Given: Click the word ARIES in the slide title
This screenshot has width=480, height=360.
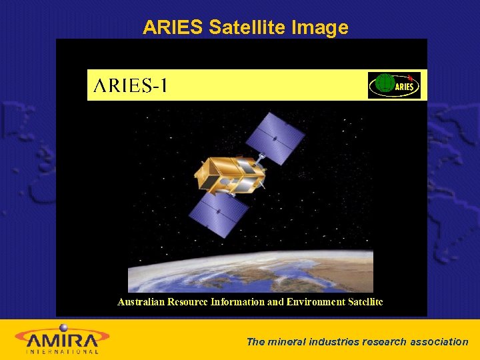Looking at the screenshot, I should click(x=173, y=27).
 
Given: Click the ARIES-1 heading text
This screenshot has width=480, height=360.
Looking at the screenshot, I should click(x=131, y=86).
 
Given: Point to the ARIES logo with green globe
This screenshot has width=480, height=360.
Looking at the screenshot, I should click(x=394, y=85).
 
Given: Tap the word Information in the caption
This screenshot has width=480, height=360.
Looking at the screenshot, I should click(x=237, y=302).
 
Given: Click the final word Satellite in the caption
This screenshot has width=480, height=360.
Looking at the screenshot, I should click(x=365, y=302).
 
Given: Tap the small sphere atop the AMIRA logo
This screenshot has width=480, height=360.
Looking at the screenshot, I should click(x=63, y=327).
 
